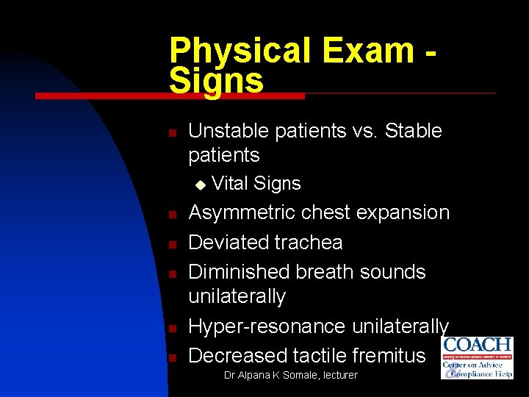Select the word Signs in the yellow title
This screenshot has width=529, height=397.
(216, 80)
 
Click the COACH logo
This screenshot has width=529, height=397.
(477, 357)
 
